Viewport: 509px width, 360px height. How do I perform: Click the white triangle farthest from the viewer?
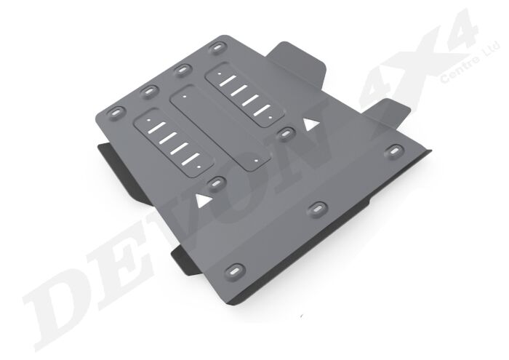[x=310, y=124]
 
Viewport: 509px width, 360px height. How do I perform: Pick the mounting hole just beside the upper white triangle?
[x=286, y=133]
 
